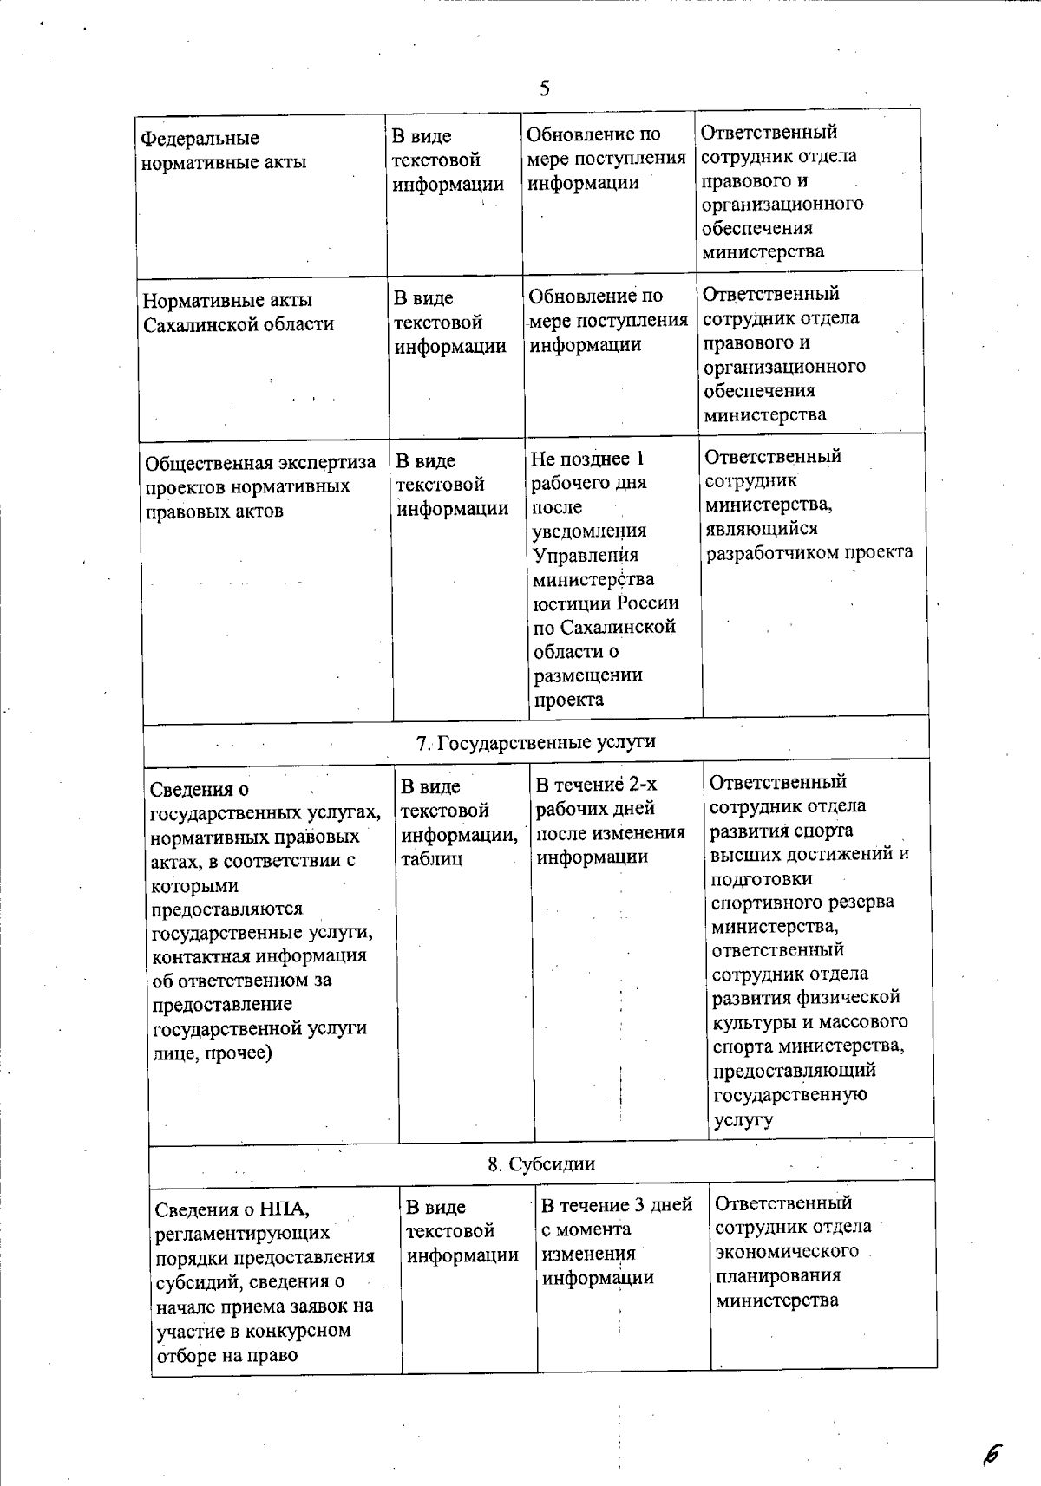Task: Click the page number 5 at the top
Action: click(x=544, y=88)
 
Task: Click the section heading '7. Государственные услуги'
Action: click(x=536, y=742)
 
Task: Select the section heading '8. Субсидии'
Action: click(x=540, y=1163)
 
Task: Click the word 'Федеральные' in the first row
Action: click(x=200, y=139)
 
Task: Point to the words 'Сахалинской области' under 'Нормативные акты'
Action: click(x=239, y=324)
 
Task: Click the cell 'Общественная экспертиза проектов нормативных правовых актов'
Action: click(x=260, y=486)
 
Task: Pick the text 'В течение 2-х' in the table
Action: click(x=596, y=785)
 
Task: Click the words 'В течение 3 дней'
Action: click(x=616, y=1205)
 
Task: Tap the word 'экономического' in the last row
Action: click(x=787, y=1251)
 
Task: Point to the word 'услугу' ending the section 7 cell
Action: click(x=743, y=1119)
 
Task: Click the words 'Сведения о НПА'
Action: click(x=232, y=1209)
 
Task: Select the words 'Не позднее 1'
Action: click(x=587, y=459)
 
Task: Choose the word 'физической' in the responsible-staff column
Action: click(x=854, y=998)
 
